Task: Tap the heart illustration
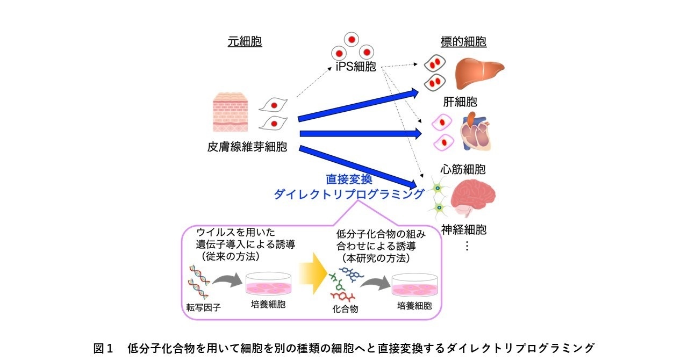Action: coord(475,132)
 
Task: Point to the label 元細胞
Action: coord(245,42)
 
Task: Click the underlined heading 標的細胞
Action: coord(463,42)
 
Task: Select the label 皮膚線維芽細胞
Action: coord(247,147)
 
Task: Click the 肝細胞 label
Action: coord(460,102)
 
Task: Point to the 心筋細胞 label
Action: coord(459,170)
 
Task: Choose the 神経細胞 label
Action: coord(460,231)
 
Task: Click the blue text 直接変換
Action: coord(349,179)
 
